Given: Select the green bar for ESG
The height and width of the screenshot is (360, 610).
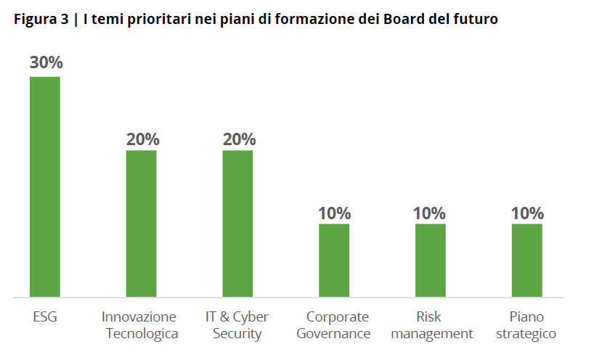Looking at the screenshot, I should [44, 187].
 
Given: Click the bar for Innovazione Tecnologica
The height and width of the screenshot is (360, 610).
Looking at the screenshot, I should [141, 224].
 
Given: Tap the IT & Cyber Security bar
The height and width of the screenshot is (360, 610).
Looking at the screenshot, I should [237, 224].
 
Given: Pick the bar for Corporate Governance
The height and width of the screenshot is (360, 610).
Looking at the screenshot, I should [334, 260].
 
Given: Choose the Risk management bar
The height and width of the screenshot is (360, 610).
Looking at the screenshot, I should [430, 260].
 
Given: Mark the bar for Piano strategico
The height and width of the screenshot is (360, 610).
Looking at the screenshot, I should [526, 260].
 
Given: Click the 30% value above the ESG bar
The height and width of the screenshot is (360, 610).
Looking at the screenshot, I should [45, 63].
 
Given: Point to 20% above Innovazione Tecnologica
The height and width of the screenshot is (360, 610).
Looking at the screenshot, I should [142, 139].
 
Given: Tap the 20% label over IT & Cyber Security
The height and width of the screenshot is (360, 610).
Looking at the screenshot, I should [238, 139].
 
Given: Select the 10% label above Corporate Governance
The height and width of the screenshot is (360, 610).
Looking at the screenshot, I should [334, 213].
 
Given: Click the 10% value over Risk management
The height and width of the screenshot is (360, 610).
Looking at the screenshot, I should [430, 213].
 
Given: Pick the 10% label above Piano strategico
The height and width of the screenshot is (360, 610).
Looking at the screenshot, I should [526, 213].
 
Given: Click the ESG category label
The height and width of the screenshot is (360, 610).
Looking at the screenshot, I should [44, 317].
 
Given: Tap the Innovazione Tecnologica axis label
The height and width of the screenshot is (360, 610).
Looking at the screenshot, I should [141, 325].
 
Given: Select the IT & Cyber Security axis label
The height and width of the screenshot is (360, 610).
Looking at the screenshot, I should [237, 325].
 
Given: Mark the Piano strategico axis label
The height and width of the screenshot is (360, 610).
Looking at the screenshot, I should [526, 325].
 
